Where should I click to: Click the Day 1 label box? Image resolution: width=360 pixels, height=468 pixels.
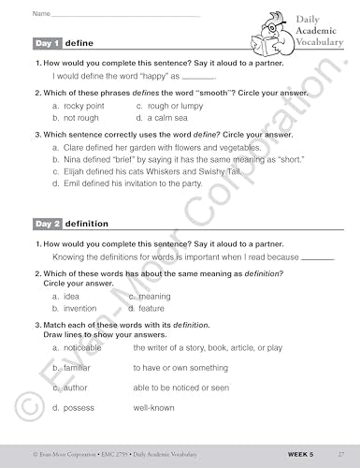coord(47,44)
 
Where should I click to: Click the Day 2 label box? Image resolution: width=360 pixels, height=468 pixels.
coord(47,225)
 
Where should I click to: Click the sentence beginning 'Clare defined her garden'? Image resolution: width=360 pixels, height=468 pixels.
coord(154,148)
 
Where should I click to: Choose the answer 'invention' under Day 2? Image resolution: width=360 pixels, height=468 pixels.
coord(79,308)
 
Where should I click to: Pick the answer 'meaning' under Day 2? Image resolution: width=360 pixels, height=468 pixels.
coord(154,297)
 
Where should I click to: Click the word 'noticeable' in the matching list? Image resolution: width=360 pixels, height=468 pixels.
coord(84,347)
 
